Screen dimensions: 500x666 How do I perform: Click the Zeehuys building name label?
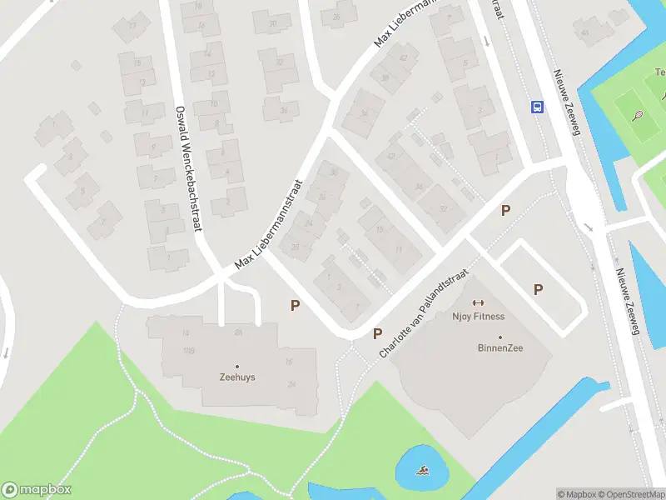(236, 377)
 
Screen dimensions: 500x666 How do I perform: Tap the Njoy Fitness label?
(479, 317)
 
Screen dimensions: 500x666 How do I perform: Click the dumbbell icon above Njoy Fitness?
(478, 302)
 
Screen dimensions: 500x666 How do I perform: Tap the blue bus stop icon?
(538, 106)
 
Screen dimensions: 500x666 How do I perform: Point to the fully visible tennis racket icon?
(638, 116)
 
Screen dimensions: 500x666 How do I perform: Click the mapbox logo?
(37, 490)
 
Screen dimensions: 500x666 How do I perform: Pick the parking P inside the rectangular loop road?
(538, 290)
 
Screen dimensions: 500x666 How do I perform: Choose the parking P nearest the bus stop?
(504, 211)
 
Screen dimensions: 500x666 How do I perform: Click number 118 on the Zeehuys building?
(188, 351)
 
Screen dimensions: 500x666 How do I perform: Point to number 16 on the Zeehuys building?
(289, 362)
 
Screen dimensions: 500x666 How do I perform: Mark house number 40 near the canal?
(585, 33)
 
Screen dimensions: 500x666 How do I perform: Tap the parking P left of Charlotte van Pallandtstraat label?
(377, 334)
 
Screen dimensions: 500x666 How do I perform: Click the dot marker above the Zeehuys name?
(236, 367)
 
